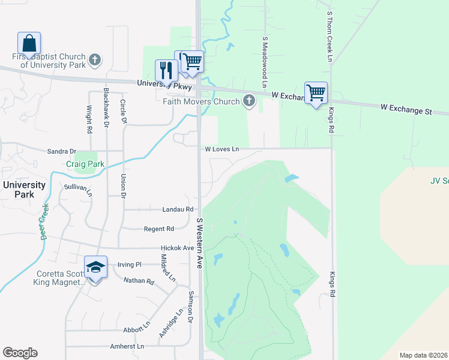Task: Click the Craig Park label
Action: point(85,164)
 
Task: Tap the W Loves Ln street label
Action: point(221,149)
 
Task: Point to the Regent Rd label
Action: point(158,229)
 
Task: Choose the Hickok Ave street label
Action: point(177,248)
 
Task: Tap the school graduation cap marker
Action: point(95,266)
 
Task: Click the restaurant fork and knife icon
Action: point(166,70)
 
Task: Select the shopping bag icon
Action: point(29,43)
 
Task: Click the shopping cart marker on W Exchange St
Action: point(316,92)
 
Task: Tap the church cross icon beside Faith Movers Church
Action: point(249,101)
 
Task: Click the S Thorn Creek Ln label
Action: point(330,36)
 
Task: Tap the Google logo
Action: point(20,353)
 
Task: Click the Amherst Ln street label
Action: point(127,347)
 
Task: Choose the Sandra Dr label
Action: point(62,152)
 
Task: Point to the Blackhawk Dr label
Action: point(106,107)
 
